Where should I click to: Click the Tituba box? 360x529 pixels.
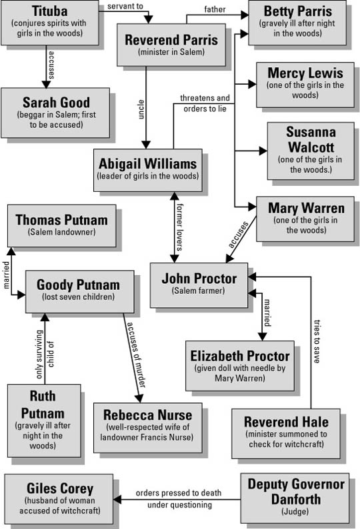pyautogui.click(x=49, y=23)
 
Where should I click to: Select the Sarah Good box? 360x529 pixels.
pyautogui.click(x=55, y=113)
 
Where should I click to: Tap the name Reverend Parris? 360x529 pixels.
pyautogui.click(x=171, y=40)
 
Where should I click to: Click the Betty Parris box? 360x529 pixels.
pyautogui.click(x=297, y=23)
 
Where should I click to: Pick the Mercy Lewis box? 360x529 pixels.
pyautogui.click(x=305, y=85)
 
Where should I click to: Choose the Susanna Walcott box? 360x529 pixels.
pyautogui.click(x=311, y=151)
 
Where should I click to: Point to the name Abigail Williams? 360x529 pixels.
pyautogui.click(x=147, y=164)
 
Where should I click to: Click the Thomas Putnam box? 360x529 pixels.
pyautogui.click(x=62, y=225)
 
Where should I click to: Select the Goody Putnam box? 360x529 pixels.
pyautogui.click(x=80, y=292)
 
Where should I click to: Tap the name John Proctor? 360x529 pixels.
pyautogui.click(x=199, y=278)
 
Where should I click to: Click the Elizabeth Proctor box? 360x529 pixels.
pyautogui.click(x=240, y=366)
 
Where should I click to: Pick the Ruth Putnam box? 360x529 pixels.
pyautogui.click(x=44, y=420)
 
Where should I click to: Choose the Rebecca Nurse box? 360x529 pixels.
pyautogui.click(x=148, y=428)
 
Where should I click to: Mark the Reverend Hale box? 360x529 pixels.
pyautogui.click(x=286, y=434)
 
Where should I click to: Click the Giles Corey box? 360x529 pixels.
pyautogui.click(x=59, y=498)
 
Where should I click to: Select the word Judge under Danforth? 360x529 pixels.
pyautogui.click(x=295, y=512)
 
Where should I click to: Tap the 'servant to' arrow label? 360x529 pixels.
pyautogui.click(x=125, y=6)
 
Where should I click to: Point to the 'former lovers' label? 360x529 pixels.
pyautogui.click(x=180, y=227)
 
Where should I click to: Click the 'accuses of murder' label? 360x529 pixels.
pyautogui.click(x=136, y=355)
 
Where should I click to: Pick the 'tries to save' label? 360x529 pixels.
pyautogui.click(x=317, y=341)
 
